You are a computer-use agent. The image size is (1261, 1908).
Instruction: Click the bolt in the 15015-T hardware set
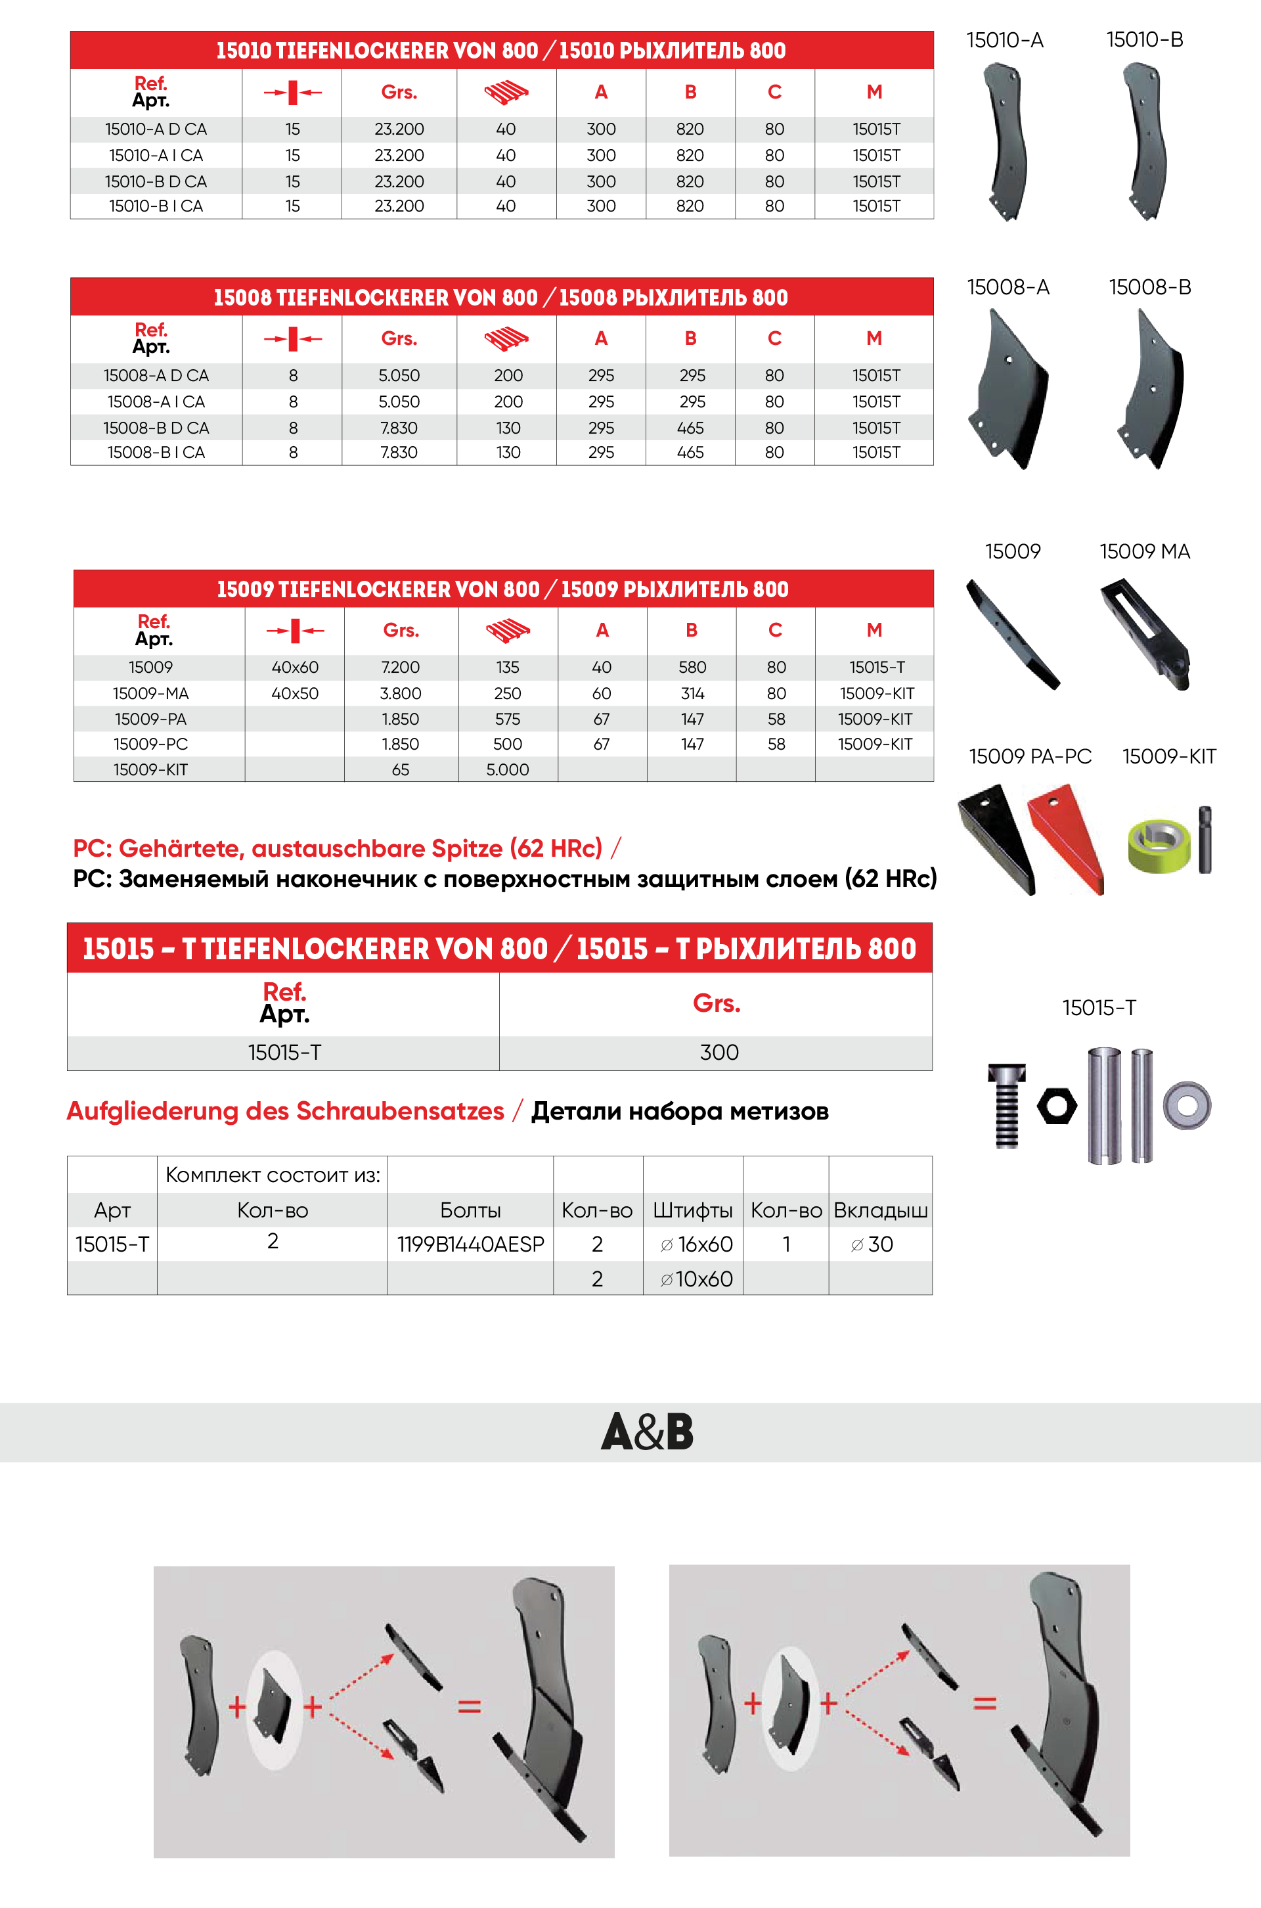[1006, 1105]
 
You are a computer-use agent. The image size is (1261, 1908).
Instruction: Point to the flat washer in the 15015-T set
[1187, 1105]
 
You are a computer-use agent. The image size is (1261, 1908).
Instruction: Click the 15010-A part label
[1004, 40]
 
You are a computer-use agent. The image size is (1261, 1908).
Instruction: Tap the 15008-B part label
[1149, 287]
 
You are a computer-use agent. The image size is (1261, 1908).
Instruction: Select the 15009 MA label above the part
[1144, 552]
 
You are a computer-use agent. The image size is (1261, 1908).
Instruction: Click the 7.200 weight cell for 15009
[400, 667]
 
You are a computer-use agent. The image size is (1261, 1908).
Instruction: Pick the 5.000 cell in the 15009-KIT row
[508, 770]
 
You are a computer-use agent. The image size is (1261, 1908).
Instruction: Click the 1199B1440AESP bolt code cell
[470, 1244]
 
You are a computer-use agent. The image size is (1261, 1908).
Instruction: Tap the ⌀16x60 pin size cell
[696, 1244]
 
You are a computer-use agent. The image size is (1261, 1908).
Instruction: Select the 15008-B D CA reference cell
[156, 428]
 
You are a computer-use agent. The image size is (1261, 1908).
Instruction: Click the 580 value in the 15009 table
[692, 667]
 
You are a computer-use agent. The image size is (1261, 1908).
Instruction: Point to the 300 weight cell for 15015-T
[718, 1052]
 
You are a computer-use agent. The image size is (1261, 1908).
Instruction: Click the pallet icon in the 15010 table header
[506, 93]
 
